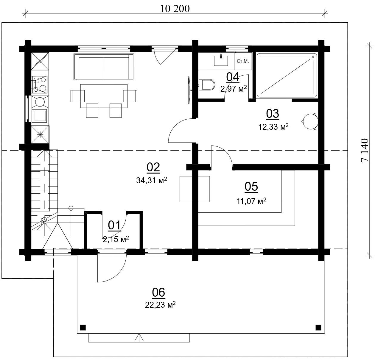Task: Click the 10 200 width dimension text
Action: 175,9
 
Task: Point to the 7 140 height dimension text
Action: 364,150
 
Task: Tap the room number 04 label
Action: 233,77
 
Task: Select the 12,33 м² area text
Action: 273,127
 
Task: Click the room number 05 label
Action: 251,187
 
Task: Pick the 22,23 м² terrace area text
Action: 160,305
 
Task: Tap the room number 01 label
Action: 114,226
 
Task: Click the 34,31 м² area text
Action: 152,180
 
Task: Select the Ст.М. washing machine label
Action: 243,61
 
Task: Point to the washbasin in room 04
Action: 221,60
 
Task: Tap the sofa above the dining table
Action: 104,67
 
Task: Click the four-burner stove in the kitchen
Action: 40,84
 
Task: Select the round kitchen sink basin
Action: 40,102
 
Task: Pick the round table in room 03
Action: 310,121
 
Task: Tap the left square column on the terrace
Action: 83,327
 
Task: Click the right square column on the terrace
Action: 318,327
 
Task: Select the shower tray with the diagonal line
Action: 287,75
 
